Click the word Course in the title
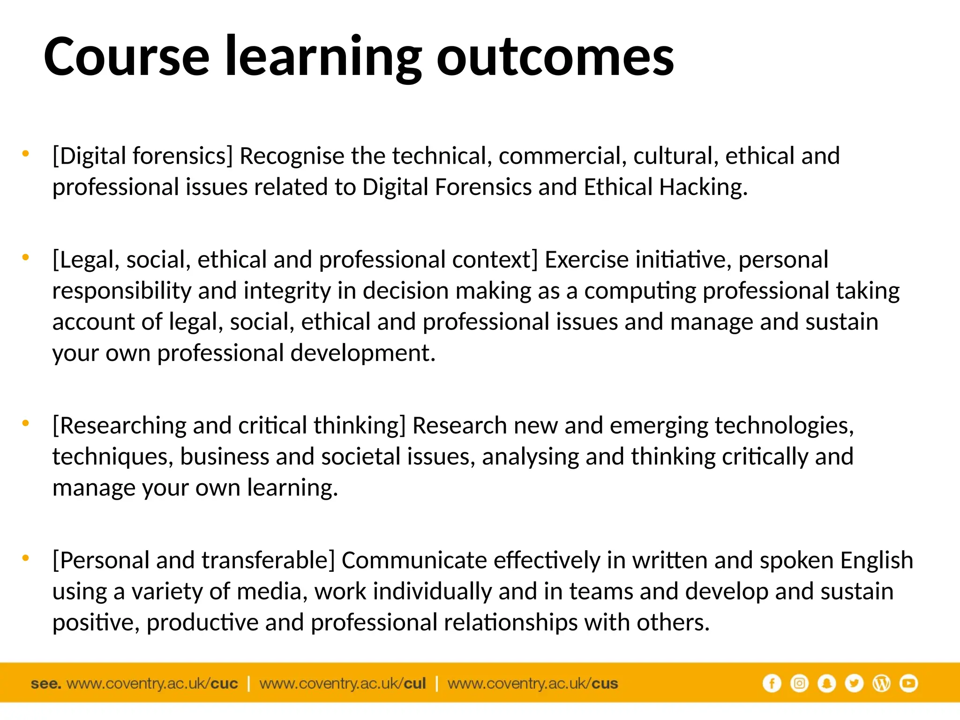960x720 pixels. pos(127,57)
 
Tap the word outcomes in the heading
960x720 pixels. pos(555,57)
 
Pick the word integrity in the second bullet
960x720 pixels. pos(287,291)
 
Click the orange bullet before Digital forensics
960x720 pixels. pos(26,153)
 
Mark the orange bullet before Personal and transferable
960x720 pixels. pos(26,558)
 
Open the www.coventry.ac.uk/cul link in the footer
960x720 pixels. pos(343,683)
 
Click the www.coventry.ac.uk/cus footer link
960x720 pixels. pos(532,683)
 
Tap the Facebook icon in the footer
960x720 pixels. pos(772,683)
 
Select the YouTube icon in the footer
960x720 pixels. pos(908,683)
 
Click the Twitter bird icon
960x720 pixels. pos(854,683)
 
